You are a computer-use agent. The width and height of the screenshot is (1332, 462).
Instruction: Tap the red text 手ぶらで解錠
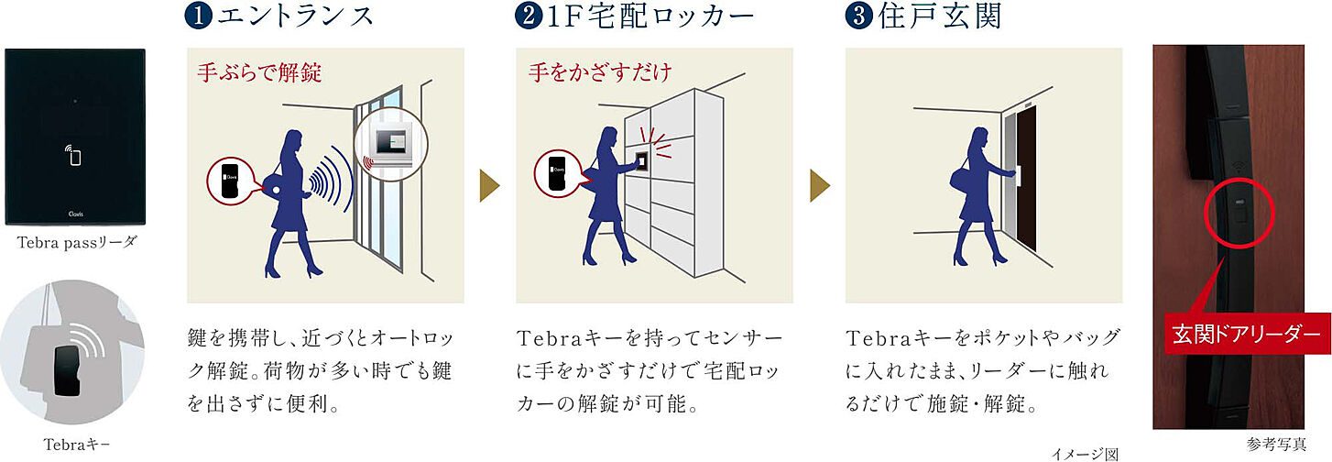(259, 72)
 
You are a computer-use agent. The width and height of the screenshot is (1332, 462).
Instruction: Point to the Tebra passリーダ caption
(77, 242)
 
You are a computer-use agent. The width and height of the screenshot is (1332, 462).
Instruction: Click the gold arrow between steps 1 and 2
(491, 187)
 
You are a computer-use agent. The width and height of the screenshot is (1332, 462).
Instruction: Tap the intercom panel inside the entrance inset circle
(392, 143)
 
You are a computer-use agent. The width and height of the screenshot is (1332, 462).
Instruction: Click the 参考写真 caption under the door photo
(1276, 444)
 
